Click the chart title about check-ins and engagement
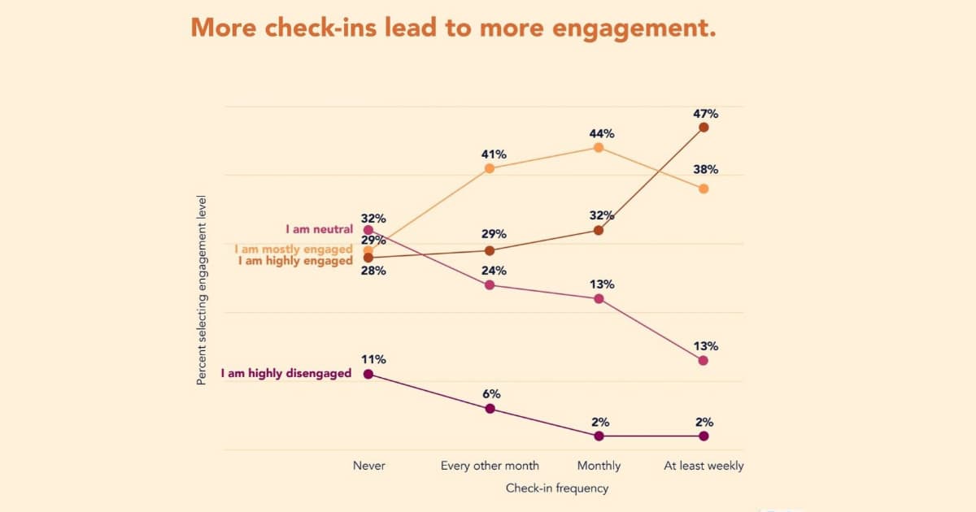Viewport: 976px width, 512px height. [x=453, y=27]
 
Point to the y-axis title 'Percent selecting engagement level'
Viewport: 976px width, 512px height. [x=202, y=289]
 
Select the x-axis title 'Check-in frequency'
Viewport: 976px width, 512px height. [x=556, y=488]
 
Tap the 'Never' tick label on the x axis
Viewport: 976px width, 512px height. [x=368, y=466]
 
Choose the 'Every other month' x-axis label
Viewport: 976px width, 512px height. [x=490, y=466]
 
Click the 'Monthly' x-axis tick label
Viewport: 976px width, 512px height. [x=599, y=466]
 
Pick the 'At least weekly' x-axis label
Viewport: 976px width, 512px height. [x=704, y=466]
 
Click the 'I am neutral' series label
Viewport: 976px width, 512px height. [x=319, y=230]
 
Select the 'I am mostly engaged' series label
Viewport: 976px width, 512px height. [x=293, y=249]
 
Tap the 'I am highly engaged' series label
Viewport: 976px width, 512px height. [x=294, y=261]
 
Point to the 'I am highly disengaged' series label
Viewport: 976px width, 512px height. [x=285, y=374]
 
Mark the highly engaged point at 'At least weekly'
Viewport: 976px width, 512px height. [x=704, y=127]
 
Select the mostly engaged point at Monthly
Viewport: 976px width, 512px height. [x=599, y=147]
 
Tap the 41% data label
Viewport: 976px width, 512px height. [x=494, y=154]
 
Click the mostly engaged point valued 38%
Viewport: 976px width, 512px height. [x=704, y=189]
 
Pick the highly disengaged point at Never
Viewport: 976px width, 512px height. [x=368, y=374]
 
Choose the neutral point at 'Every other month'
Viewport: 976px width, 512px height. [x=490, y=284]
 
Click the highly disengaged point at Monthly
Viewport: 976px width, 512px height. [x=599, y=436]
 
